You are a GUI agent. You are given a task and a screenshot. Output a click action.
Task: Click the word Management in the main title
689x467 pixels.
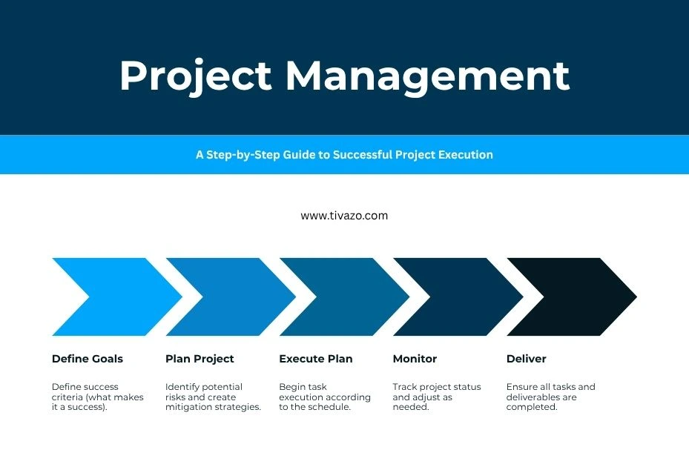click(x=427, y=76)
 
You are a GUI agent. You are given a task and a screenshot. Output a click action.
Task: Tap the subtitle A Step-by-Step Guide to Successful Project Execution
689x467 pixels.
click(x=344, y=155)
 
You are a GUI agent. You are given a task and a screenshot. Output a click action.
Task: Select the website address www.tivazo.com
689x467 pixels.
click(x=344, y=216)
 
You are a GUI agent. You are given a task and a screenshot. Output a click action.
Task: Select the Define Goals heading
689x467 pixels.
click(x=88, y=359)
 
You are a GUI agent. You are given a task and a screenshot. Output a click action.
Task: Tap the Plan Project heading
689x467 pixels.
click(x=200, y=359)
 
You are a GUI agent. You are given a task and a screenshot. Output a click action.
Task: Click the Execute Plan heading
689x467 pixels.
click(x=316, y=359)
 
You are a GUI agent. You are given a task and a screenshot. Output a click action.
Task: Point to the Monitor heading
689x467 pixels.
click(x=415, y=359)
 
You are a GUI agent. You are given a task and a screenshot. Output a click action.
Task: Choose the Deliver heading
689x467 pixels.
click(x=527, y=359)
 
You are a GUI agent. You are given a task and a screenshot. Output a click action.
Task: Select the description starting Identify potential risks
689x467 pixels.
click(x=213, y=397)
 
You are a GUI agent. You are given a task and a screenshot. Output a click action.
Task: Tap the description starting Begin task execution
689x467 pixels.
click(x=324, y=397)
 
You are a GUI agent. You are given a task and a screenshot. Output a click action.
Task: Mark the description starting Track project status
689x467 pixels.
click(x=436, y=397)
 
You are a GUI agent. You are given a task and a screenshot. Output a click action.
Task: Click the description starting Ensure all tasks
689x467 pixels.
click(x=550, y=397)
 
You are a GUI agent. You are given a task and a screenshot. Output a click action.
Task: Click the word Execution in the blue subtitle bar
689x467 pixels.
click(x=464, y=155)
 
